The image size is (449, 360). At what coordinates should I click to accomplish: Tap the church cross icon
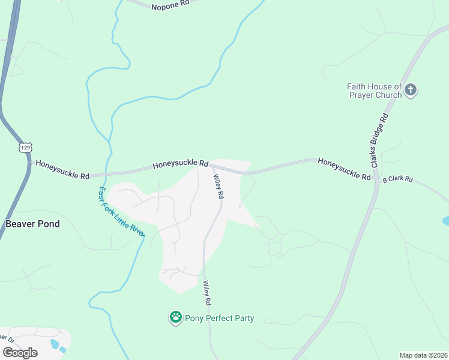pyautogui.click(x=411, y=91)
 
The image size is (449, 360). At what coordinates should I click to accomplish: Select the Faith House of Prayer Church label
pyautogui.click(x=374, y=91)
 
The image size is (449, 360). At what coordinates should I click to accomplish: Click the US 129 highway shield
pyautogui.click(x=25, y=147)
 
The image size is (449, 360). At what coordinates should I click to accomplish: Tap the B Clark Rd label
pyautogui.click(x=398, y=179)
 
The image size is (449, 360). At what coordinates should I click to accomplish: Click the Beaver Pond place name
pyautogui.click(x=32, y=224)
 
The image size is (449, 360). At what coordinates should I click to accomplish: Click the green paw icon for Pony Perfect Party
pyautogui.click(x=175, y=317)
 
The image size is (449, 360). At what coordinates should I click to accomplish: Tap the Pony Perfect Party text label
pyautogui.click(x=219, y=319)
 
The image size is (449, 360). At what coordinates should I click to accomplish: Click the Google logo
pyautogui.click(x=20, y=353)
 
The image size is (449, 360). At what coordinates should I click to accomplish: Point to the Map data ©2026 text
pyautogui.click(x=424, y=355)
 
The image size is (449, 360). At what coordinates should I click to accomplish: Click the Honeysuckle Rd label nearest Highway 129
pyautogui.click(x=62, y=169)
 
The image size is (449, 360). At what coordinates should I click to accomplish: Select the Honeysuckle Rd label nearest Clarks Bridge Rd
pyautogui.click(x=344, y=169)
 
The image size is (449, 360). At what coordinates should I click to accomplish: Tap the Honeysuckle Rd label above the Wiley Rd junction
pyautogui.click(x=179, y=164)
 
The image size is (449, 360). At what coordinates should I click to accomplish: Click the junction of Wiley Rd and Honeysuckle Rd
pyautogui.click(x=210, y=166)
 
